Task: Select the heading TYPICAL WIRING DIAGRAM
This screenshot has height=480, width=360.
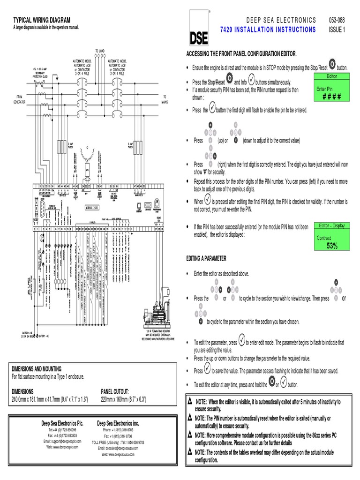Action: [x=41, y=20]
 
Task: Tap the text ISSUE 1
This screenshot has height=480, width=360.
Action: [x=337, y=30]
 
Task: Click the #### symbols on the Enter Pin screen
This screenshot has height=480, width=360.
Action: [x=331, y=96]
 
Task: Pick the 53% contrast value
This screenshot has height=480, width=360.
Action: [x=332, y=246]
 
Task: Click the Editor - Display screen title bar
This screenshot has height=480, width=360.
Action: [x=332, y=225]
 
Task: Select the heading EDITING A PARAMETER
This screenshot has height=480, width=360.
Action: [x=206, y=259]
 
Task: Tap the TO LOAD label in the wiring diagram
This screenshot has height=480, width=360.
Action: [x=101, y=51]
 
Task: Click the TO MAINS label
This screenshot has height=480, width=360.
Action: [x=165, y=99]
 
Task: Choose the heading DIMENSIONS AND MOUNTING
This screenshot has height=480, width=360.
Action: [x=37, y=369]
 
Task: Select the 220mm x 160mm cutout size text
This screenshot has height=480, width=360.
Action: [x=124, y=399]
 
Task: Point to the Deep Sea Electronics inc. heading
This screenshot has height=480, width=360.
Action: [x=118, y=423]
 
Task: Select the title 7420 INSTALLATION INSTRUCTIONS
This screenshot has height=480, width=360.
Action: [x=268, y=30]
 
